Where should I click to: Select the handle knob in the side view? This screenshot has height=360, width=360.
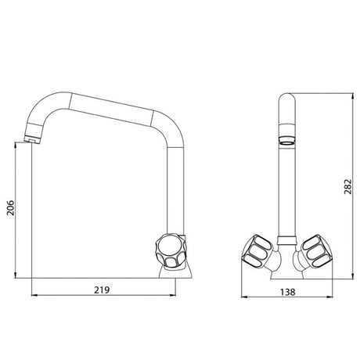click(170, 249)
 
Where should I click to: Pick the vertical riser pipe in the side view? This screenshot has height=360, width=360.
click(174, 188)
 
